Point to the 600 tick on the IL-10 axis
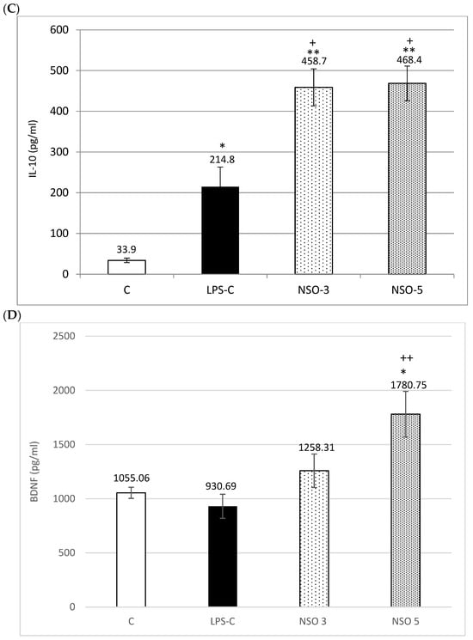(x=58, y=30)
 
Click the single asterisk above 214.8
(x=222, y=147)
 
